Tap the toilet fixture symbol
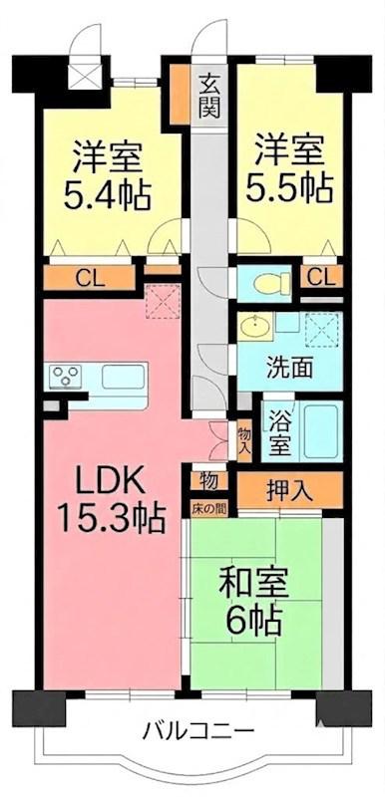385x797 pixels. point(271,283)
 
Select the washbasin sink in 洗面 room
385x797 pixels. point(253,327)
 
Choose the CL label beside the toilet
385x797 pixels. point(321,278)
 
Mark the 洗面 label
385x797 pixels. point(290,369)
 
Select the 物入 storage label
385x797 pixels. point(244,441)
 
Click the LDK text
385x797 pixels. point(111,479)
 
